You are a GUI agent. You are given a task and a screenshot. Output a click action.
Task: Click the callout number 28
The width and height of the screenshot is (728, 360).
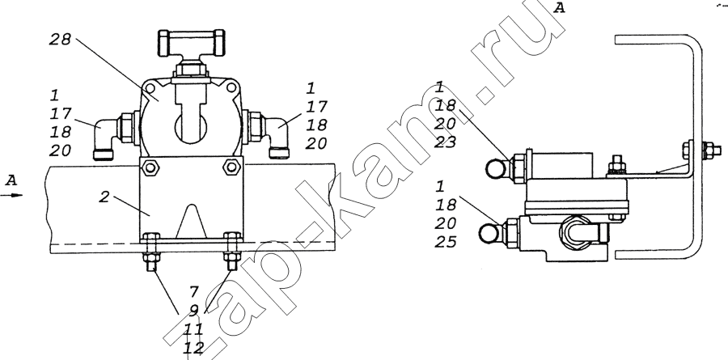pyautogui.click(x=60, y=40)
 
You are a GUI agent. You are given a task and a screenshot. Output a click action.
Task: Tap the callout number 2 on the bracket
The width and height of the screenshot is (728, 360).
pyautogui.click(x=104, y=197)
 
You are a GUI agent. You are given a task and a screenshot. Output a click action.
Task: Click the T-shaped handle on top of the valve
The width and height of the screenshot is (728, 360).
pyautogui.click(x=191, y=41)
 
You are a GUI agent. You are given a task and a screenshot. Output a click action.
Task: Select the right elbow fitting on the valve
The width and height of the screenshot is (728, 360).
pyautogui.click(x=273, y=136)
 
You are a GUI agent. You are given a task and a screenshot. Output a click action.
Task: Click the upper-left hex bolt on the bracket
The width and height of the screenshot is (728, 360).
pyautogui.click(x=150, y=167)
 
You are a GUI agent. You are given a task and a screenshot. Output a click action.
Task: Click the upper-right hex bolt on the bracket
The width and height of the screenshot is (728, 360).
pyautogui.click(x=231, y=167)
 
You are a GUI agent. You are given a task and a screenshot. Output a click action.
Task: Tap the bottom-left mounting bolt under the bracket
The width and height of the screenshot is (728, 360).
pyautogui.click(x=152, y=253)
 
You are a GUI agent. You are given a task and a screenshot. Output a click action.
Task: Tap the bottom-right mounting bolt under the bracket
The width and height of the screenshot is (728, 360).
pyautogui.click(x=231, y=252)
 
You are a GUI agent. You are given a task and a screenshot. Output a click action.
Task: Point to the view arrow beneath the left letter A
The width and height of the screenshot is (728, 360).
pyautogui.click(x=11, y=195)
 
